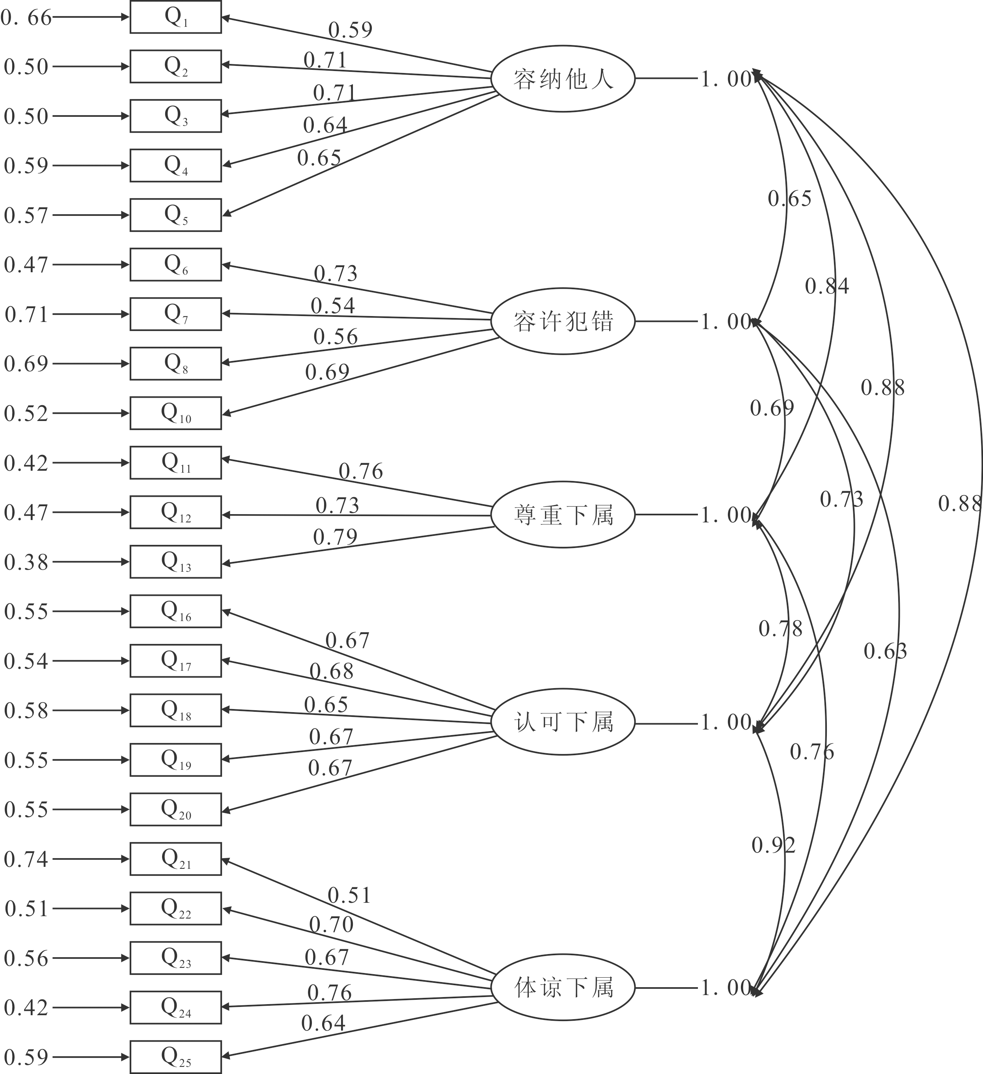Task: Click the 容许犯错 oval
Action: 562,321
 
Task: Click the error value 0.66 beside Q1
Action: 26,18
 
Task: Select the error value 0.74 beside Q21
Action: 26,859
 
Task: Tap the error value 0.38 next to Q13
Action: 26,562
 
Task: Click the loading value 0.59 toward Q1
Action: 350,30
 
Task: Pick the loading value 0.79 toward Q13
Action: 335,537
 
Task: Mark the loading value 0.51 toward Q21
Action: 349,896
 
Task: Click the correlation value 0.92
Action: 773,846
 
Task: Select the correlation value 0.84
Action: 826,286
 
